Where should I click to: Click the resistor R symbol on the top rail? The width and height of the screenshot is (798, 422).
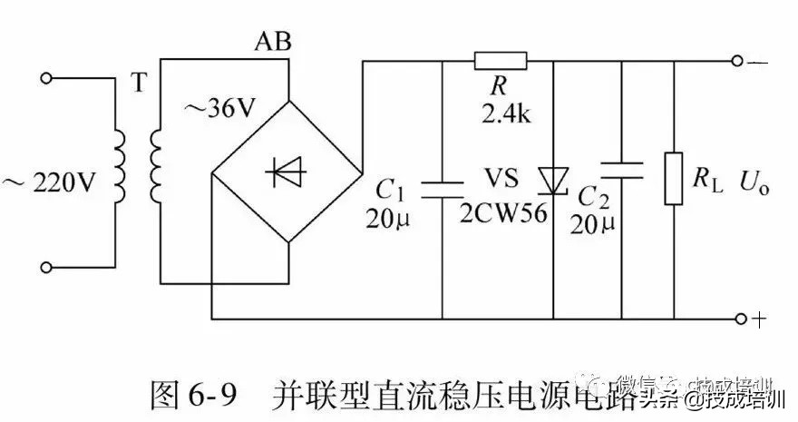point(500,62)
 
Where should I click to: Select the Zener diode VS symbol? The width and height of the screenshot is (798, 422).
point(551,179)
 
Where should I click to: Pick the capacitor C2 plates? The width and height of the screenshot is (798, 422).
point(622,170)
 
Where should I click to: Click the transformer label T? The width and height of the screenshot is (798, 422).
point(138,83)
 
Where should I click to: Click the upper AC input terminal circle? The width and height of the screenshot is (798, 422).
point(48,79)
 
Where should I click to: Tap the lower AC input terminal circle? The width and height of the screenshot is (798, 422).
point(48,267)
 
